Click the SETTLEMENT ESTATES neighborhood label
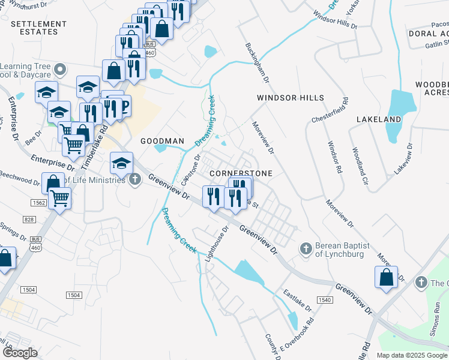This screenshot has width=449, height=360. pyautogui.click(x=37, y=28)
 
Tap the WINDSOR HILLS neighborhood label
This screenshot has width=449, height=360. pyautogui.click(x=291, y=98)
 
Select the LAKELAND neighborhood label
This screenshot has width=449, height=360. pyautogui.click(x=378, y=120)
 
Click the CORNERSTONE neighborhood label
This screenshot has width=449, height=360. pyautogui.click(x=241, y=173)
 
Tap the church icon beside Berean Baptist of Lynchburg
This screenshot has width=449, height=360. pyautogui.click(x=306, y=248)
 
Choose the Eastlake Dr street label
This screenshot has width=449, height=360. pyautogui.click(x=298, y=301)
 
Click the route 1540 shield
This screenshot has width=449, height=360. pyautogui.click(x=325, y=299)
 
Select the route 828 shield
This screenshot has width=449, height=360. pyautogui.click(x=29, y=221)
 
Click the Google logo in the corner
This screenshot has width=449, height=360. pyautogui.click(x=20, y=353)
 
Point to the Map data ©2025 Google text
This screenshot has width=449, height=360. pyautogui.click(x=411, y=355)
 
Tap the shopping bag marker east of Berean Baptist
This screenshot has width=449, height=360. pyautogui.click(x=385, y=277)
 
